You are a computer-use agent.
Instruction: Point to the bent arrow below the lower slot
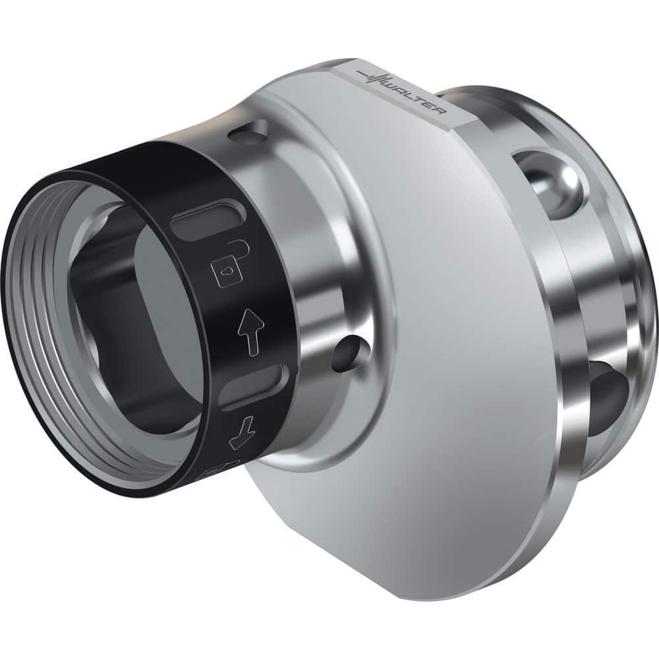click(x=239, y=433)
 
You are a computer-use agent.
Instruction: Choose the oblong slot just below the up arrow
click(x=254, y=386)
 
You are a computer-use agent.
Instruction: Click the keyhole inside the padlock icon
click(x=226, y=270)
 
